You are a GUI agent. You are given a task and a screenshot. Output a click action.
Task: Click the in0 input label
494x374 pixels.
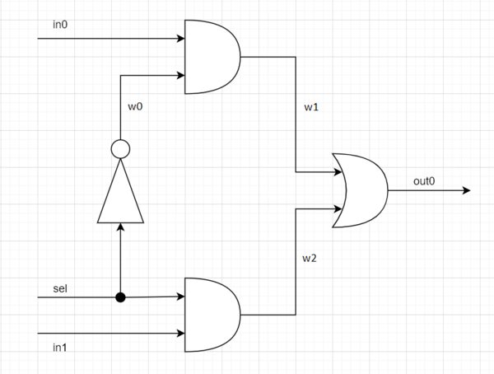pyautogui.click(x=60, y=24)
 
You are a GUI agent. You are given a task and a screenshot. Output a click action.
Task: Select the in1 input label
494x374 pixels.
pyautogui.click(x=59, y=347)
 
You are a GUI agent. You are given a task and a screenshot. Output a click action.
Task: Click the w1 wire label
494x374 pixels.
pyautogui.click(x=312, y=108)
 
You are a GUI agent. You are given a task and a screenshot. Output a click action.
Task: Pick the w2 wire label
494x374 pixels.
pyautogui.click(x=310, y=259)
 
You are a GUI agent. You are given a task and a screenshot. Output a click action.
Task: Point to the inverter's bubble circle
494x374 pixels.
pyautogui.click(x=120, y=149)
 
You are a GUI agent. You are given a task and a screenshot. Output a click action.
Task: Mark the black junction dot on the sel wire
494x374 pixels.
pyautogui.click(x=120, y=297)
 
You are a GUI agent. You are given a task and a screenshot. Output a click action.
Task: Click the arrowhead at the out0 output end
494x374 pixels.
pyautogui.click(x=465, y=190)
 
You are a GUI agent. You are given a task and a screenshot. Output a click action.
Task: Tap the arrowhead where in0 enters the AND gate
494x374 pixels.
pyautogui.click(x=179, y=39)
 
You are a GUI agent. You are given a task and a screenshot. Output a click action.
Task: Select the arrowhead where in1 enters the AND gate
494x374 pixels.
pyautogui.click(x=179, y=334)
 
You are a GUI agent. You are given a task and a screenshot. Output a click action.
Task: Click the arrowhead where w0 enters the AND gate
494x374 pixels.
pyautogui.click(x=179, y=76)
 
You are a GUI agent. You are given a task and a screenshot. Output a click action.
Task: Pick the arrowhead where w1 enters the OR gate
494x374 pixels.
pyautogui.click(x=338, y=172)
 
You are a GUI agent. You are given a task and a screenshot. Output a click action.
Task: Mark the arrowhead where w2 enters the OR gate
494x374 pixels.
pyautogui.click(x=338, y=208)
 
